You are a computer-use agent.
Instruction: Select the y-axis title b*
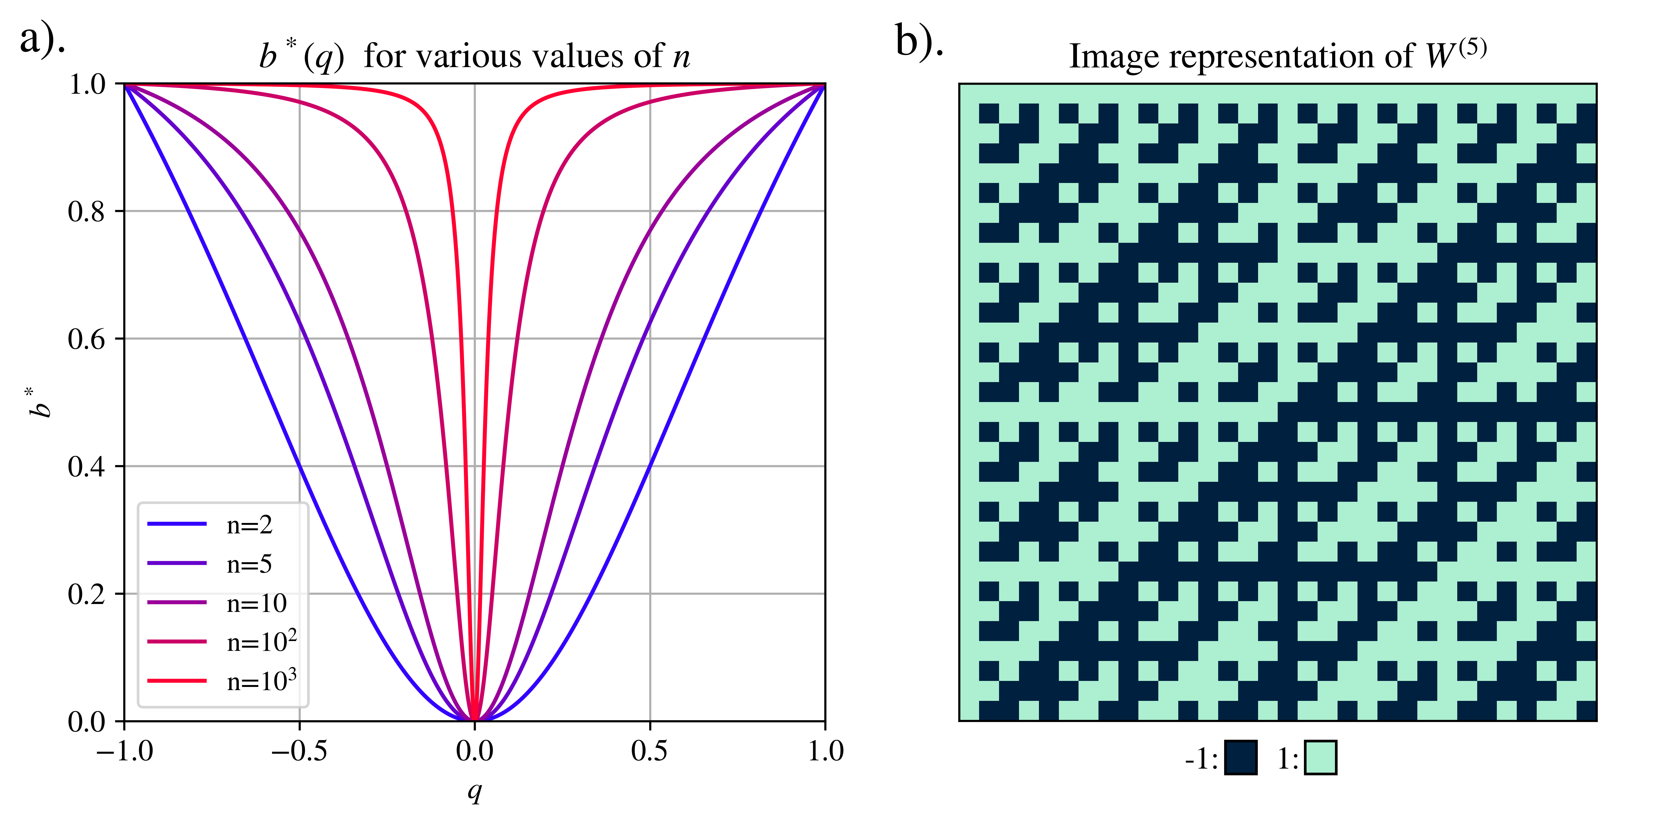39,402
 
